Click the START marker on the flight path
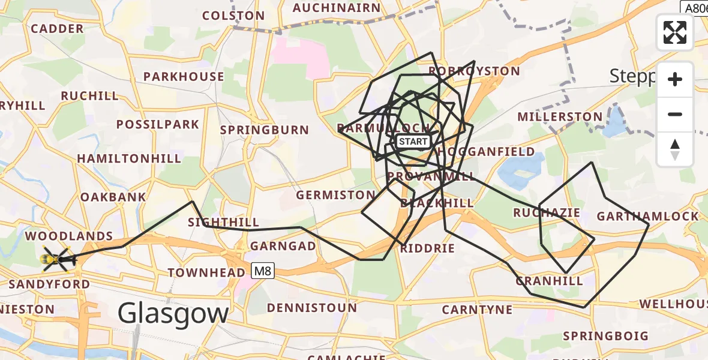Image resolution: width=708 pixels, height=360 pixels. tap(413, 142)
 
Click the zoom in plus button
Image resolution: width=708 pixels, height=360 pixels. tap(675, 80)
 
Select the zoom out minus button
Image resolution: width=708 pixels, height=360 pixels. tap(675, 115)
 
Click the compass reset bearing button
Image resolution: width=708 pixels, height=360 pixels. tap(675, 149)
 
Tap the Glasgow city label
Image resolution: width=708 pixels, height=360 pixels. tap(173, 313)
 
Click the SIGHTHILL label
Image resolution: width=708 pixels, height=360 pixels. tap(223, 223)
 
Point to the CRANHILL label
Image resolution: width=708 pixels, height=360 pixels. tap(549, 281)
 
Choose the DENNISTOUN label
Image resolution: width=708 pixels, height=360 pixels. tap(311, 308)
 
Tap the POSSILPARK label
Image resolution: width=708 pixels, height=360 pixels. tap(158, 125)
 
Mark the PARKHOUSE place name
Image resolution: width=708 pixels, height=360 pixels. tap(184, 77)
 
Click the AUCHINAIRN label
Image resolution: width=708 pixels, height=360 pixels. tap(336, 8)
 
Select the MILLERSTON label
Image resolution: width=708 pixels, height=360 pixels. tap(559, 116)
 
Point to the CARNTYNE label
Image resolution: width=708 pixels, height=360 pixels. tap(477, 310)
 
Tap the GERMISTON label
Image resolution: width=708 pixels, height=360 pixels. tap(335, 195)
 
